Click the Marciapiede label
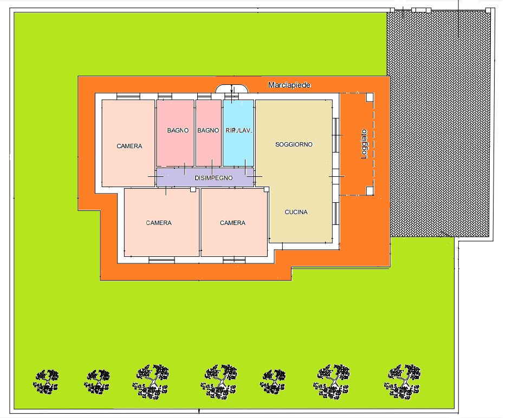pos(289,85)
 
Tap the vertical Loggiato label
pos(364,144)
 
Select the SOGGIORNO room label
pos(294,144)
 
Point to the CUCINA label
pos(296,212)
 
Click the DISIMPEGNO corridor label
pos(213,178)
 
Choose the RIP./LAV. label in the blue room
pos(238,130)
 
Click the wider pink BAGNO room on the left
pos(175,133)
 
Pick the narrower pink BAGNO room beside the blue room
pos(209,133)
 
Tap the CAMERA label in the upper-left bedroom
pos(129,146)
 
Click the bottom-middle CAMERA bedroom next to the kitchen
pos(234,223)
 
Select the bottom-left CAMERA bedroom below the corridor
pos(161,223)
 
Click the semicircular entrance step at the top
pos(232,89)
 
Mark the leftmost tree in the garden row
pos(46,382)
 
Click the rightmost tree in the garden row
pos(402,382)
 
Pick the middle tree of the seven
pos(220,382)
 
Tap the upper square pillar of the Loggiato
pos(370,97)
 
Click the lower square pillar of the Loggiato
pos(370,191)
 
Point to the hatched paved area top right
pos(439,124)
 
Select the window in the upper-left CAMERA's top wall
pos(128,96)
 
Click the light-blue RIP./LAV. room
pos(238,133)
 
